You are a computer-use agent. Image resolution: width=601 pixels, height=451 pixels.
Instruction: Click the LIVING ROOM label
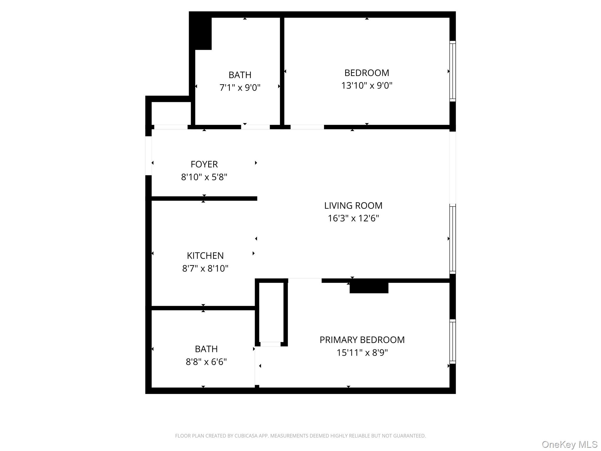click(353, 206)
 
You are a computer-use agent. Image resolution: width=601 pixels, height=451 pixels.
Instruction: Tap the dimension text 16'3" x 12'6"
click(353, 218)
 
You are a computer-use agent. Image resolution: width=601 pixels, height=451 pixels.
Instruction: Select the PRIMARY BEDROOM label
click(362, 340)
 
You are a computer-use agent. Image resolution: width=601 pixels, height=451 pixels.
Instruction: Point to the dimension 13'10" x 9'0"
click(367, 85)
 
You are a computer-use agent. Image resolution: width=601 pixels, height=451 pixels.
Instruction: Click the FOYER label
click(204, 164)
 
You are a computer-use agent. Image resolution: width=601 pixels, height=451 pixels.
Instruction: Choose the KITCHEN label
click(205, 255)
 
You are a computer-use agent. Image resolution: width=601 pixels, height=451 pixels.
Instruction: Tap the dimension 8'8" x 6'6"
click(206, 362)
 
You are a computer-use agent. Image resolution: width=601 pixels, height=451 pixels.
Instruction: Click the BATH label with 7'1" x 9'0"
click(240, 75)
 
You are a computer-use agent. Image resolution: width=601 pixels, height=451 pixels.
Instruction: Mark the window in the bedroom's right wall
click(453, 71)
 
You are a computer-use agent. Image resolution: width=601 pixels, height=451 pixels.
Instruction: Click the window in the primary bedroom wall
click(453, 341)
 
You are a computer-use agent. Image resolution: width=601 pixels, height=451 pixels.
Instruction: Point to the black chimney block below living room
click(369, 287)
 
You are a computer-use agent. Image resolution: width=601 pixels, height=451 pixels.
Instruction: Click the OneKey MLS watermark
click(569, 444)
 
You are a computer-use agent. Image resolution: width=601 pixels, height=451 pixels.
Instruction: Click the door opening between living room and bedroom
click(307, 127)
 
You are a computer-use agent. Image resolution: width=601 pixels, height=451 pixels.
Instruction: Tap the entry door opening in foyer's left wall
click(148, 156)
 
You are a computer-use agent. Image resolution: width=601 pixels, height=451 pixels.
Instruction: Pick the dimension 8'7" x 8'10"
click(205, 268)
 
